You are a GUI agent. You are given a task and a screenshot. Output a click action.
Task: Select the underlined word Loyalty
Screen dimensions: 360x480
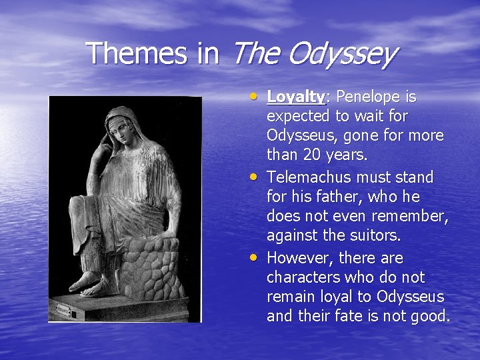point(295,97)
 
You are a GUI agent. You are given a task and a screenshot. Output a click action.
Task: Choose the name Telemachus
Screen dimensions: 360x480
point(311,177)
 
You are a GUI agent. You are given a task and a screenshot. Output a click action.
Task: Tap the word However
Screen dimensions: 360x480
point(297,257)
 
